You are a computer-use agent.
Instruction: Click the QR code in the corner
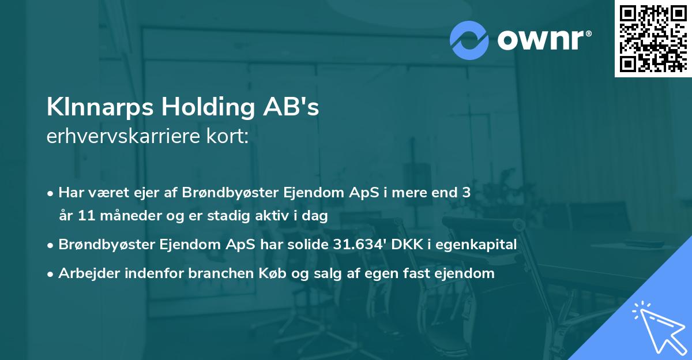tap(652, 39)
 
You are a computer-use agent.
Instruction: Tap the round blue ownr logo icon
tap(469, 39)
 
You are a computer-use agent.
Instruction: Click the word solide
tap(309, 245)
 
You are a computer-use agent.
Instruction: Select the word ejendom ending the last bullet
tap(468, 273)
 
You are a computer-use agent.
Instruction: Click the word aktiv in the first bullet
tap(279, 216)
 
